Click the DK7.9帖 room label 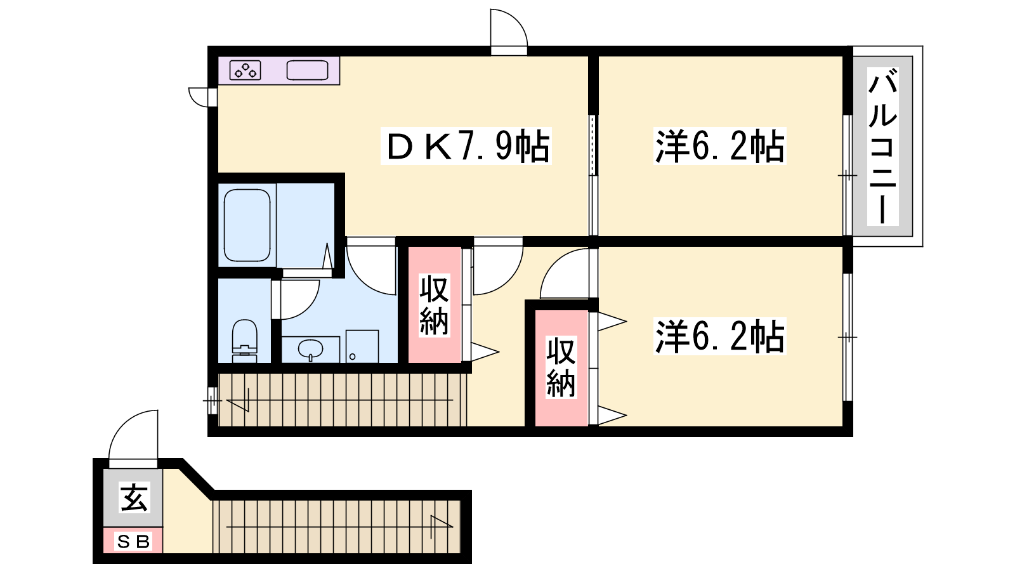point(466,145)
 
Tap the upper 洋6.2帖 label point(719,145)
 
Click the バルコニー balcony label point(882,147)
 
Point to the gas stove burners point(245,70)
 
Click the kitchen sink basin point(307,70)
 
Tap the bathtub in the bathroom point(247,225)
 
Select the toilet point(245,340)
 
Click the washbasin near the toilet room point(310,349)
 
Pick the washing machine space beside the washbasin point(362,346)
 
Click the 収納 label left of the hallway point(434,305)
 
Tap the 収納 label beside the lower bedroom point(561,367)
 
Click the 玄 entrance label point(133,497)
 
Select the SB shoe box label point(133,541)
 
